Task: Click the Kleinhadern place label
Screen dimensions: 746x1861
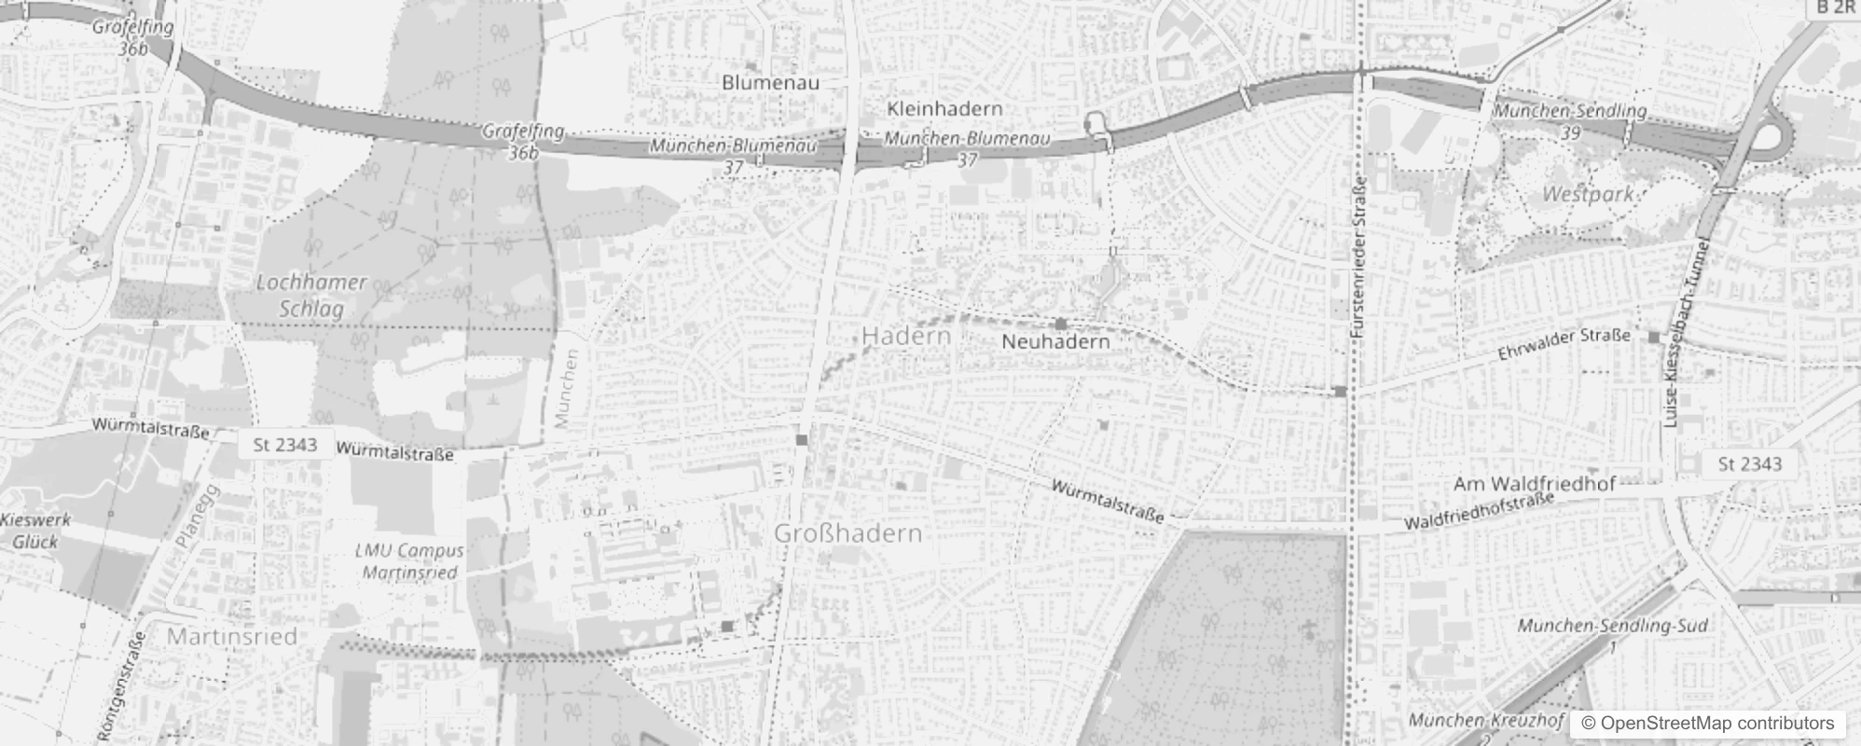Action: (944, 108)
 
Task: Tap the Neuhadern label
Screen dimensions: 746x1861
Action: (1055, 341)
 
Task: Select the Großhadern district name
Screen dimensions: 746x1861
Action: (848, 533)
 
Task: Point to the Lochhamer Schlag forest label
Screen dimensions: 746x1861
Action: (311, 295)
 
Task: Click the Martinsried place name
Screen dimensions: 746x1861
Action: (232, 637)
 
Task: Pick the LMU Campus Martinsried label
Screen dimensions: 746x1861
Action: (409, 561)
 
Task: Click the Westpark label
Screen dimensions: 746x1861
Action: (1588, 194)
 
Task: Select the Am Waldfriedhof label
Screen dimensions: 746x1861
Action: (1534, 484)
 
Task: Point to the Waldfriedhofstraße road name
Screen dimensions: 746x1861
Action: (1479, 513)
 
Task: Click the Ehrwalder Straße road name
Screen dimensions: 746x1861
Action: (1564, 344)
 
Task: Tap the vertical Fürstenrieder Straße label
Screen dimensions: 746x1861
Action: (1358, 257)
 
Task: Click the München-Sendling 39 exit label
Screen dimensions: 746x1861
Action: (1570, 121)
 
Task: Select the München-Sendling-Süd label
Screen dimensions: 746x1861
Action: (1612, 625)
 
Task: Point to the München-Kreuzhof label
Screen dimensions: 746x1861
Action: (1485, 721)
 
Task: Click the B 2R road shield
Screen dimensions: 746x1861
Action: (1835, 8)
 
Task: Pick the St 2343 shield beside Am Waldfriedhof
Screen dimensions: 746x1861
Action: (1749, 464)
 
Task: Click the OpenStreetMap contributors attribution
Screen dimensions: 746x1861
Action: (1707, 724)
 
